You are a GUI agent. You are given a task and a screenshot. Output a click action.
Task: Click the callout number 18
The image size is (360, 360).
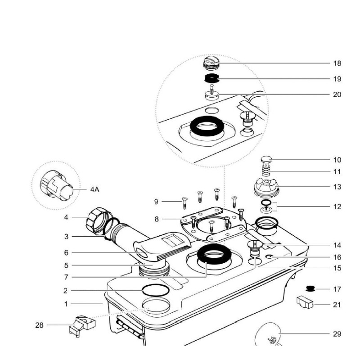tap(337, 63)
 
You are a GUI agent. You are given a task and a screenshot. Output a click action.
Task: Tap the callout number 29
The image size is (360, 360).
tap(337, 334)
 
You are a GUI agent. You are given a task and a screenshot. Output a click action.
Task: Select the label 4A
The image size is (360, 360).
tap(94, 190)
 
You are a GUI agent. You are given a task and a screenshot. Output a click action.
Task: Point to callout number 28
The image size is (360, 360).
tap(40, 325)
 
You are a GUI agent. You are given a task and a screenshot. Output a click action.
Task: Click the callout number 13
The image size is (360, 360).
tap(337, 187)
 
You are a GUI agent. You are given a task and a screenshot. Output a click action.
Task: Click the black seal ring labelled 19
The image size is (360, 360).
tap(211, 79)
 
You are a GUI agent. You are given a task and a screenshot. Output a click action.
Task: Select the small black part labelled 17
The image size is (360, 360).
tap(309, 288)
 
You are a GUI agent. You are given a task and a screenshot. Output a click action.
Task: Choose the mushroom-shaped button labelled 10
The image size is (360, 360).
tap(266, 160)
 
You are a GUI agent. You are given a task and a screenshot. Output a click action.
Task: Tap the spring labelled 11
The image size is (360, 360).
tap(266, 171)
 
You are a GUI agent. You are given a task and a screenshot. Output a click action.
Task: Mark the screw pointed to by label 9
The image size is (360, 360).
tap(184, 202)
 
